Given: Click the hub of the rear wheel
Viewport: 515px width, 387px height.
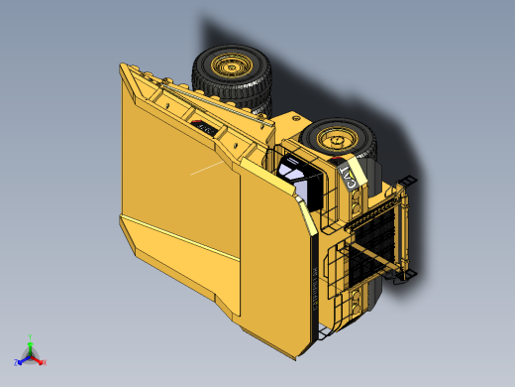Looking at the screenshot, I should click(232, 67).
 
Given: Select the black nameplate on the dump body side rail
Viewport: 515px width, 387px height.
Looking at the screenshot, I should click(206, 128).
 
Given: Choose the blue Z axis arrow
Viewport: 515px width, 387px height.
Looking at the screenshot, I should click(23, 360).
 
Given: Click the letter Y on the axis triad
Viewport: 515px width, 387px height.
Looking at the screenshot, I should click(32, 337).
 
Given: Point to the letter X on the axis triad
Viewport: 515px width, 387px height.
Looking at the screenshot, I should click(45, 362).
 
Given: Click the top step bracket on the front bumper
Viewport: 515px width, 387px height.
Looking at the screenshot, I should click(408, 181).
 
